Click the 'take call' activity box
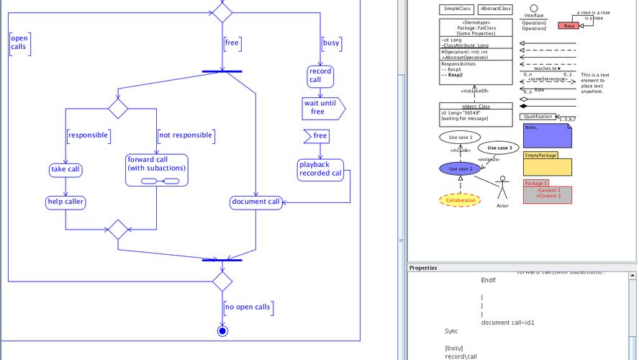[65, 170]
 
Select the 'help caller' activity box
[65, 202]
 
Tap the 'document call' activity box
[255, 202]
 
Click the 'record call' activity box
[319, 76]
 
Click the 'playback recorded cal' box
[320, 168]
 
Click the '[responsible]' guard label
[88, 135]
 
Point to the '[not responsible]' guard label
[185, 135]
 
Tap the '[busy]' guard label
[331, 43]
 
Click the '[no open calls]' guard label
[248, 307]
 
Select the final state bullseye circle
[222, 331]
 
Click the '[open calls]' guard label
[19, 43]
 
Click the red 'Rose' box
[568, 25]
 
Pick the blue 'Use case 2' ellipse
[459, 168]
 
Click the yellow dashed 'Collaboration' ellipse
[459, 200]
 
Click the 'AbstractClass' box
[495, 9]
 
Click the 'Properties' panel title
[423, 268]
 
